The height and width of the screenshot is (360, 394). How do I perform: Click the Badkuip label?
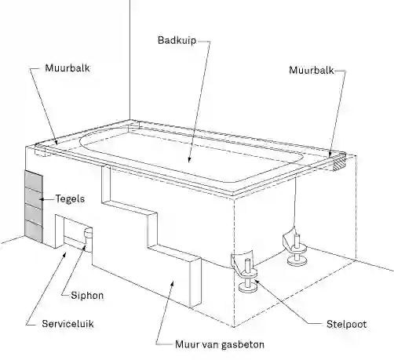click(x=177, y=41)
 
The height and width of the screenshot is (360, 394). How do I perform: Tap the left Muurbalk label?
click(x=67, y=68)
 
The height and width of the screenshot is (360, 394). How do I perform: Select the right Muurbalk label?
click(x=312, y=70)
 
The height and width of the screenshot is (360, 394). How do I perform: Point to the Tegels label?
click(x=70, y=199)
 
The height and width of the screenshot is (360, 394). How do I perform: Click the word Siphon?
click(x=87, y=296)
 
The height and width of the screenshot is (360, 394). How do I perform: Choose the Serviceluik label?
click(x=67, y=324)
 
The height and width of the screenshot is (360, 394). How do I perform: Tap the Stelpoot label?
click(x=347, y=324)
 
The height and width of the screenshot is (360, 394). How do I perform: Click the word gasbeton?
click(x=243, y=344)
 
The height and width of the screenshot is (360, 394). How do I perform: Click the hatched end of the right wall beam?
click(x=339, y=163)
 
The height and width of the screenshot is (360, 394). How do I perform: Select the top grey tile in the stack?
click(x=34, y=181)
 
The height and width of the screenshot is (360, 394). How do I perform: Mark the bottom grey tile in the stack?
click(x=34, y=231)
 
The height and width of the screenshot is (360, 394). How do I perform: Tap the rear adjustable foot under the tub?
click(x=297, y=249)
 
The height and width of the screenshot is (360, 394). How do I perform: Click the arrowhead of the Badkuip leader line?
click(x=189, y=160)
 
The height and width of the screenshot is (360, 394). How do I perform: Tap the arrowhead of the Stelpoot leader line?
click(x=257, y=282)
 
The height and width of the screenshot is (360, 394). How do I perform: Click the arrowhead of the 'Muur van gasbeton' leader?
click(x=172, y=284)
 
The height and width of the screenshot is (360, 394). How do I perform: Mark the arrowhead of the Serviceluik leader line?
click(x=64, y=255)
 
